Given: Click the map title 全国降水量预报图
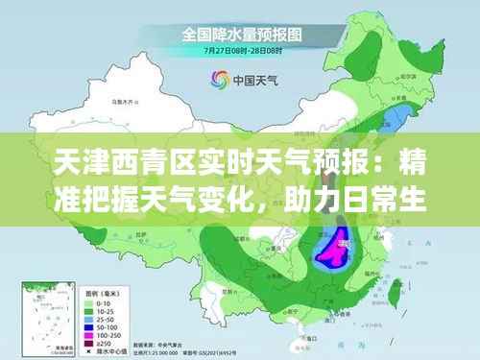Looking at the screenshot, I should click(240, 35).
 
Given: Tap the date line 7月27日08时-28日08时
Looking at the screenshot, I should click(240, 49).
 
